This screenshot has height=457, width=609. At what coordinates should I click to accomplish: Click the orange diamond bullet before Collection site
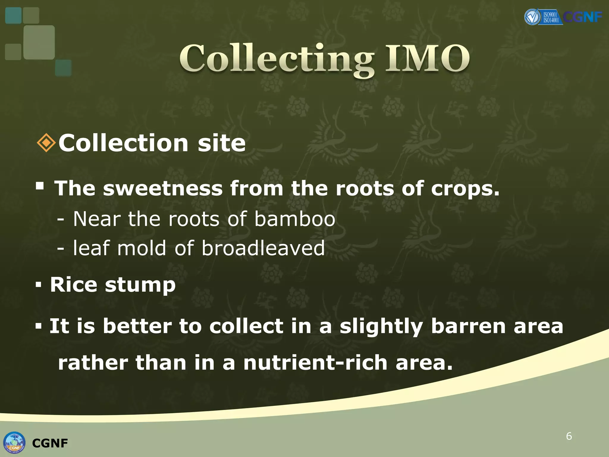point(46,143)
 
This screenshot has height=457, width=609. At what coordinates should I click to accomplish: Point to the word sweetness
point(163,188)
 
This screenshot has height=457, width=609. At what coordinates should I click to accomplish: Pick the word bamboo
point(295,219)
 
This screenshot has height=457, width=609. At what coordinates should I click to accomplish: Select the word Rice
point(73,284)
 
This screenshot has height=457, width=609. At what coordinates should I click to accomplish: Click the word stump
point(140,285)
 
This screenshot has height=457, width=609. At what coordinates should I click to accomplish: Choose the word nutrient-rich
point(315,363)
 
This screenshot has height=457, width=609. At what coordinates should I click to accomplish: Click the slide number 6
point(569,436)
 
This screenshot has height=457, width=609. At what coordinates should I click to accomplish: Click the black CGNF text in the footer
point(50,443)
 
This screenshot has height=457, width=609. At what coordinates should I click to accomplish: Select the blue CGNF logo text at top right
point(583,17)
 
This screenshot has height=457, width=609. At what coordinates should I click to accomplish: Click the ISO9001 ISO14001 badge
point(550,17)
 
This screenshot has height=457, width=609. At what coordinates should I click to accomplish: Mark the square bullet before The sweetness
point(40,186)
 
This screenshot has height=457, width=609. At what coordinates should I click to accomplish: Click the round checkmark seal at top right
point(532,17)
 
